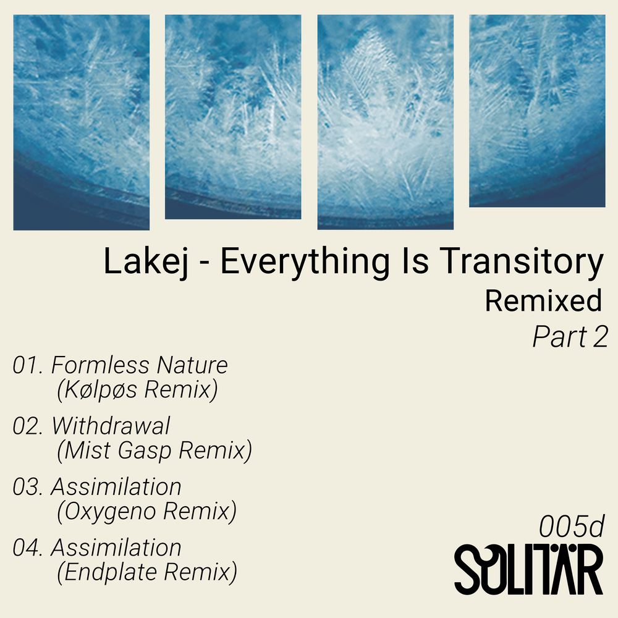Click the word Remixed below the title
coord(543,301)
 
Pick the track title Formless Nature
coord(140,365)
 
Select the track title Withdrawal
coord(111,426)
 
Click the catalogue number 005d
coord(570,527)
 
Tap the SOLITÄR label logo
coord(528,569)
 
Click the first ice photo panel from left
coord(81,122)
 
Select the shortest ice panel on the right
coord(537,111)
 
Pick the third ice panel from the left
coord(385,122)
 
